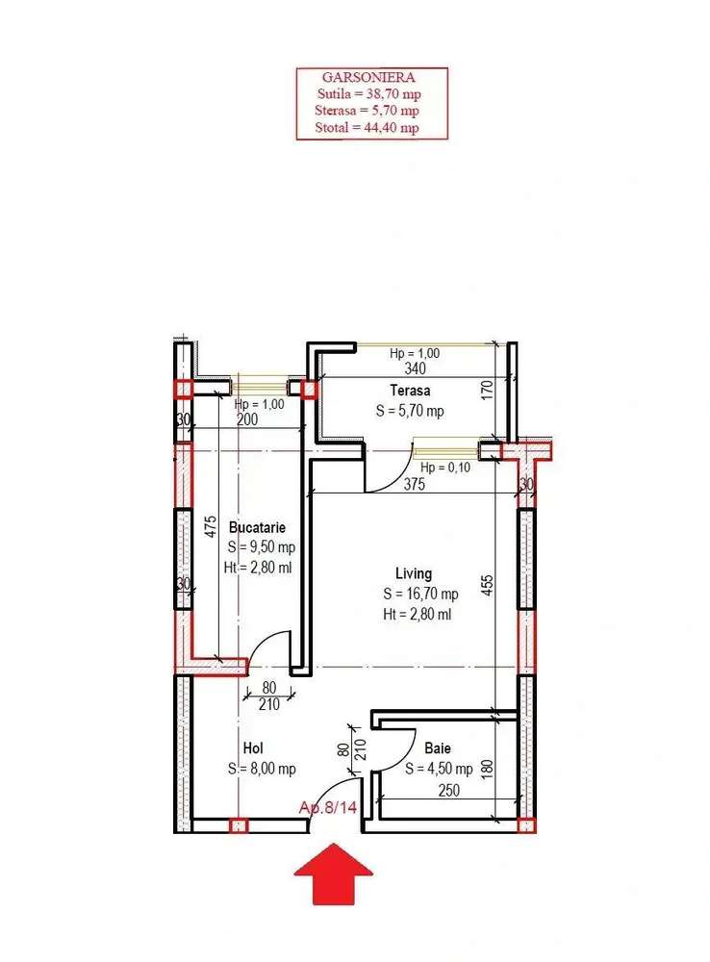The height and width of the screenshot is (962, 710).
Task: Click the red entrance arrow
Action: point(333,873)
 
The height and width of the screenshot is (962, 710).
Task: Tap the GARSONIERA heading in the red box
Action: point(368,77)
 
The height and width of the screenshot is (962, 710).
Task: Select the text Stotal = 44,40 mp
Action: point(367,128)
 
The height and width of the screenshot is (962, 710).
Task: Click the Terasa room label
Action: point(410,391)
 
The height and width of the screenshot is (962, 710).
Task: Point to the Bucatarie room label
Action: point(257,527)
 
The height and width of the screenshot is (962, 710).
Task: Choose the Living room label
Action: point(414,573)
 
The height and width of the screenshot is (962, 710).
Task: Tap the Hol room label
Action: point(253,747)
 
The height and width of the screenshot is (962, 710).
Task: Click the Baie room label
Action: point(438,747)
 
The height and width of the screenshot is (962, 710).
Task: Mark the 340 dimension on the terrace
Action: point(416,368)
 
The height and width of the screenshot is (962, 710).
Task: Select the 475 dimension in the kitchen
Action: point(211,526)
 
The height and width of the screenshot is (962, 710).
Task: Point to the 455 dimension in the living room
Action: point(487,586)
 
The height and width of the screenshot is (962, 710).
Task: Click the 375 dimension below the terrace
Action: point(415,484)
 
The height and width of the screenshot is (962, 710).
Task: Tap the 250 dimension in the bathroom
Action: point(449,790)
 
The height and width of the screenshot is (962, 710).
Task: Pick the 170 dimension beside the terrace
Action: point(487,390)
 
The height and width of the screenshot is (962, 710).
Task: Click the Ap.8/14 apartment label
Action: point(328,807)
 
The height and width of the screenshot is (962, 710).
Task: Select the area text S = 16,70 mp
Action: point(421,594)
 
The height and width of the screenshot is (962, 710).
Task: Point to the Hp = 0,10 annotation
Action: point(445,468)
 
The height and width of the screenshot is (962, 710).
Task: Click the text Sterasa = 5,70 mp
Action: point(367,111)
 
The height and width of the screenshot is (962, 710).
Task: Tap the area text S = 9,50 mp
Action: point(262,546)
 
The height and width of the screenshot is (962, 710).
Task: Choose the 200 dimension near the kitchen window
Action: point(247,420)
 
